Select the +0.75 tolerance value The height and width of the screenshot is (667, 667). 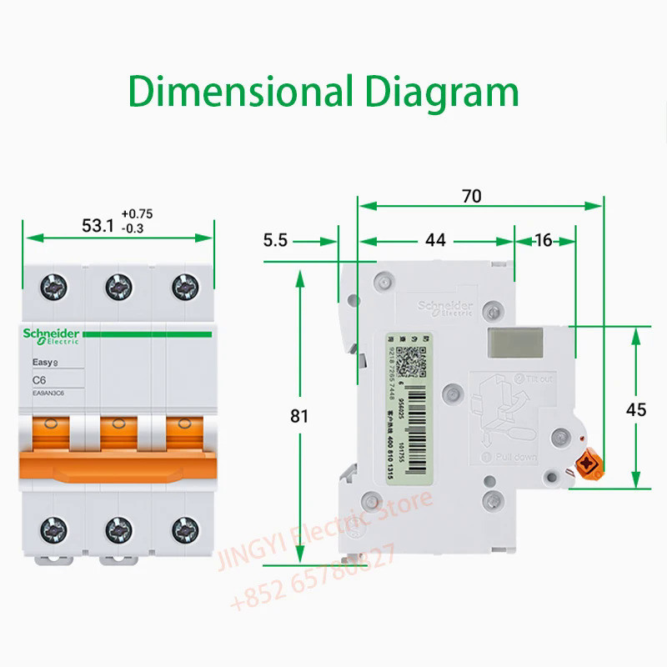138,214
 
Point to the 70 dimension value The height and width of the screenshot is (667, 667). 472,196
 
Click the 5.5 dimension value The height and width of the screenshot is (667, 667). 275,241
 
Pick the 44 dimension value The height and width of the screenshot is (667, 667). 434,241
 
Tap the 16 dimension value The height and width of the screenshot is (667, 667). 543,241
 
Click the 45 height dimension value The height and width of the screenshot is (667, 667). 636,409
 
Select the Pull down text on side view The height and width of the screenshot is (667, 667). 516,459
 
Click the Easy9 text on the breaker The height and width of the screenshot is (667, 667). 44,362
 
